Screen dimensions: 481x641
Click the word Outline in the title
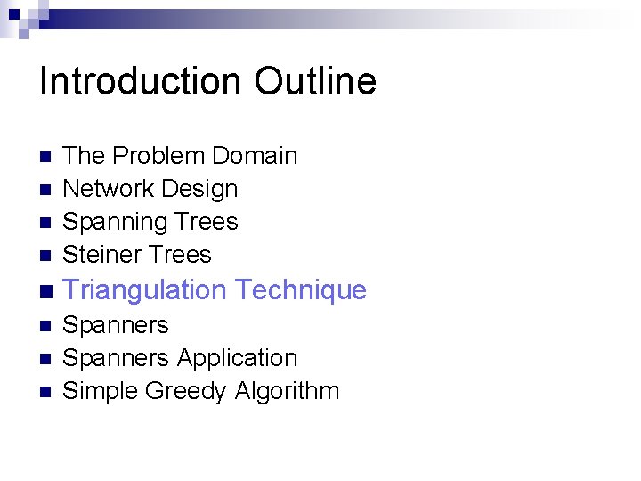tap(315, 82)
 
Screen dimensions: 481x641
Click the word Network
tap(106, 189)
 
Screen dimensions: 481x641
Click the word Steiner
tap(98, 255)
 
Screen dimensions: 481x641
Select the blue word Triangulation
tap(145, 290)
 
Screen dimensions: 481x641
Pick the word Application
tap(236, 358)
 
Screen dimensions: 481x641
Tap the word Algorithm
tap(288, 391)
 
